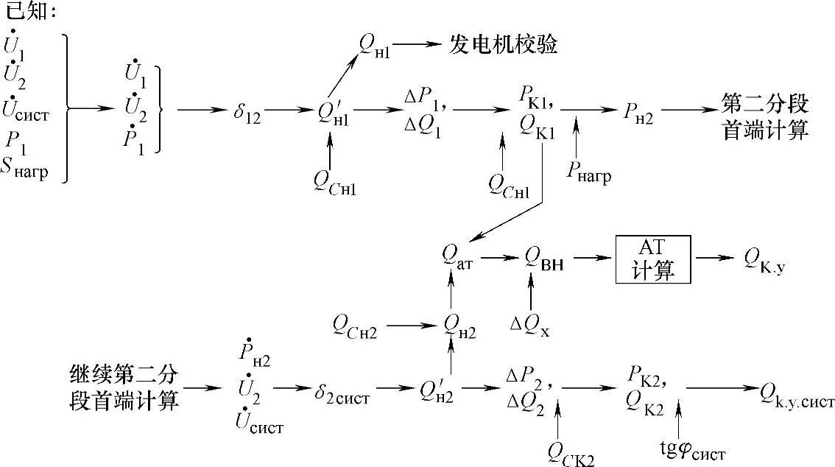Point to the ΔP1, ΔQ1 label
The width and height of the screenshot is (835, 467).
(x=424, y=113)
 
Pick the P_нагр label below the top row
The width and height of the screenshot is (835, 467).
(x=589, y=171)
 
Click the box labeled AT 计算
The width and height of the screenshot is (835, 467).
(x=653, y=259)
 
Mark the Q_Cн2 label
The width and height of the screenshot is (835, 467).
(x=355, y=324)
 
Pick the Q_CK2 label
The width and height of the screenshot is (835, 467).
(x=571, y=451)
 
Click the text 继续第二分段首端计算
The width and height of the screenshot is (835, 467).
(x=119, y=390)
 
